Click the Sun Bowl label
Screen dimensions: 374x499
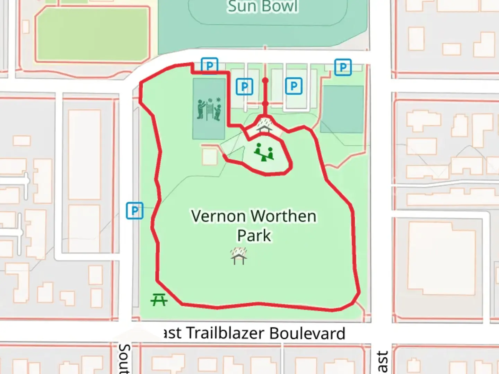(263, 6)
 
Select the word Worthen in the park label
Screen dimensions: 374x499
(284, 216)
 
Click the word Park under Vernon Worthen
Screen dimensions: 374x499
(254, 236)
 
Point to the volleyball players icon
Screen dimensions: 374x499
(209, 109)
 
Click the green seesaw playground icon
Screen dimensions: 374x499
(264, 152)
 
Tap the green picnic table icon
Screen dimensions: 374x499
(159, 300)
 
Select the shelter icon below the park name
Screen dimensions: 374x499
(239, 256)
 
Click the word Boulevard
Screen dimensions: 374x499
(307, 333)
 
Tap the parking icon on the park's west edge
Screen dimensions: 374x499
(134, 210)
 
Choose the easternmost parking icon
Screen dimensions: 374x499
(343, 67)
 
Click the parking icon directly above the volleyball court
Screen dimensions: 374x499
(209, 66)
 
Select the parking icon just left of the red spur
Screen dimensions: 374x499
(244, 87)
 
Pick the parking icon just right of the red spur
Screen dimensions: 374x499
(294, 86)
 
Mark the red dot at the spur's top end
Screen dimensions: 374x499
(265, 81)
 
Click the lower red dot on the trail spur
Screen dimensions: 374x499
(265, 104)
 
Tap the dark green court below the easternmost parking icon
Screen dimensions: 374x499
(342, 109)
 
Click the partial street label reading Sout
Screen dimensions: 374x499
(124, 359)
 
